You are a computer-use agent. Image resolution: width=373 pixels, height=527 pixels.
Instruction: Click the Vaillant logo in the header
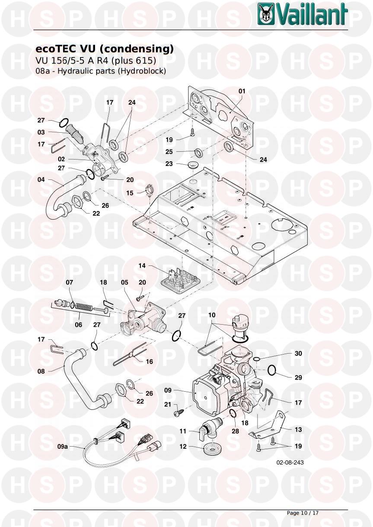[303, 14]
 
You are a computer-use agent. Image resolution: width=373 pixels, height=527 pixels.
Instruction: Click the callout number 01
[242, 91]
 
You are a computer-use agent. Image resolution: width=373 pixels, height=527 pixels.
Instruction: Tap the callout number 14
[142, 266]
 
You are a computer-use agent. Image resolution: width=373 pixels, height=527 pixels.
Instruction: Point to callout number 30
[298, 353]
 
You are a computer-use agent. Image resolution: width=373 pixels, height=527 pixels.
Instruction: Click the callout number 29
[298, 377]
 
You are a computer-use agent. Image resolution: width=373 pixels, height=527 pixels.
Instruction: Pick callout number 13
[298, 430]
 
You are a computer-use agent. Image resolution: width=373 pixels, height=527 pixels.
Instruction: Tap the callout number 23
[169, 164]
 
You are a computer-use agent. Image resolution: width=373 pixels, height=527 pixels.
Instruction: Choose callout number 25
[169, 152]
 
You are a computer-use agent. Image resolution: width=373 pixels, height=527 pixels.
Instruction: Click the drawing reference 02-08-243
[290, 463]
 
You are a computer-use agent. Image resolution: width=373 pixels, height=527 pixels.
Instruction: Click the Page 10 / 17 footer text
[303, 513]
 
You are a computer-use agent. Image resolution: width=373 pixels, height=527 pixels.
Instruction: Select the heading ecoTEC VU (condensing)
[102, 49]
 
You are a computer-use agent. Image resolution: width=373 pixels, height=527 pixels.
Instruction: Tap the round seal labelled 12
[210, 447]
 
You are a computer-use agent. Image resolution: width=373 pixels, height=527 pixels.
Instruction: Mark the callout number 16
[149, 361]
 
